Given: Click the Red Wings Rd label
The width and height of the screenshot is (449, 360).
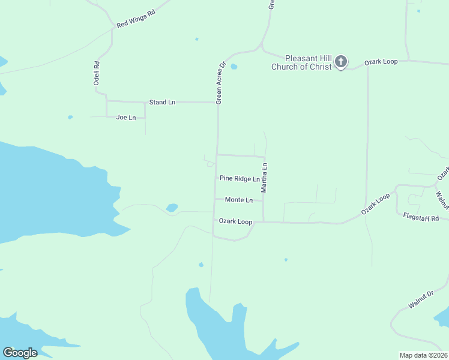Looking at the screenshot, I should pos(136,19).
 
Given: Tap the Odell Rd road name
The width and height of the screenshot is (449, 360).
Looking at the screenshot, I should pos(96,73).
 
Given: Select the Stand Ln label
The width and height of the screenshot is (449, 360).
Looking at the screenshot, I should pos(162,103).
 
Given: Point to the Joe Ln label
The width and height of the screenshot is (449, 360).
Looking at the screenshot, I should pos(126,118).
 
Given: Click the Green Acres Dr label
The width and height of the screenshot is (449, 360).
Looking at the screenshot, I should pos(220,83).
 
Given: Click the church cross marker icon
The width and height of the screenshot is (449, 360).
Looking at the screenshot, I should pos(340,61).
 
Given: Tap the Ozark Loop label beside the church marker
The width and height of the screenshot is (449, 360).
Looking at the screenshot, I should pos(382,62).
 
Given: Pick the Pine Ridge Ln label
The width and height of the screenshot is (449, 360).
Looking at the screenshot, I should pos(240,178).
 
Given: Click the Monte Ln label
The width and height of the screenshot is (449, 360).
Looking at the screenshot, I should pos(238,200).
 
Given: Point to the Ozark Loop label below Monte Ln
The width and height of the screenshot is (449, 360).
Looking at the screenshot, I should pos(235,221).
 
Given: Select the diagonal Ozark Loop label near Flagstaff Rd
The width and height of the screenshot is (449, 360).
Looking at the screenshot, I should pos(375,205).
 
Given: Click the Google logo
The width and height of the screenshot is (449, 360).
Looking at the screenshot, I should pos(20,352).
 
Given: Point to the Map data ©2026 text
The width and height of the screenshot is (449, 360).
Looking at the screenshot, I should pos(423,355).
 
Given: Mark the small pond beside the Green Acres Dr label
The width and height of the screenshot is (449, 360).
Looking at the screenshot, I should pos(234,67).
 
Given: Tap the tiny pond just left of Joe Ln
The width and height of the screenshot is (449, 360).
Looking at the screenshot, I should pos(70,117).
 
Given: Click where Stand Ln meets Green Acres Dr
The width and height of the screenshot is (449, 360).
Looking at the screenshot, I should pos(217,103).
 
